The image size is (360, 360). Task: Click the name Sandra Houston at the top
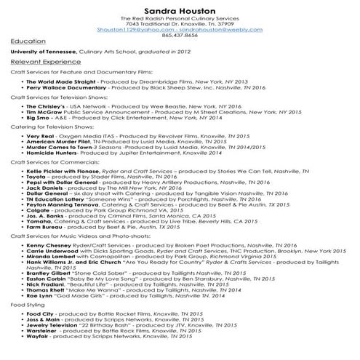coord(180,11)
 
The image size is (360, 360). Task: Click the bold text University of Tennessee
coord(44,52)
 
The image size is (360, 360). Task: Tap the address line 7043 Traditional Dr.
coord(180,23)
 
